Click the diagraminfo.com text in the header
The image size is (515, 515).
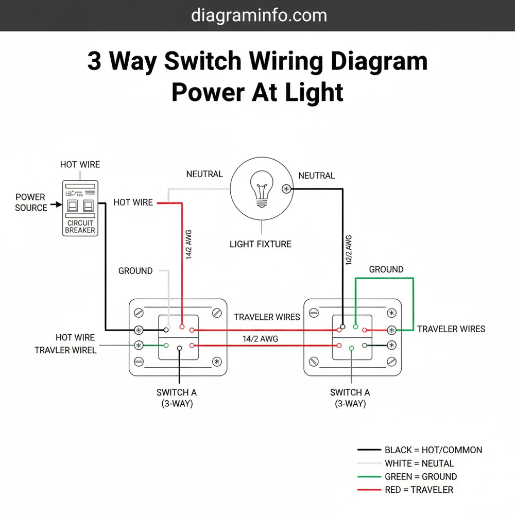tap(259, 15)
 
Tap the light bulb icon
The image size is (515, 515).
tap(262, 189)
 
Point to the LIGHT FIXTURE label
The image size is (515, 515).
tap(261, 244)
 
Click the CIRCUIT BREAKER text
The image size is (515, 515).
tap(80, 227)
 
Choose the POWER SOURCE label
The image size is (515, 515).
tap(30, 202)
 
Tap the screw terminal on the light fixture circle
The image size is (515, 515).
tap(286, 189)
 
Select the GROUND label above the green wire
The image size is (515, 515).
tap(386, 269)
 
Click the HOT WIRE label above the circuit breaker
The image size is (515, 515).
tap(80, 165)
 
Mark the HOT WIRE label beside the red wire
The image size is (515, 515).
tap(133, 202)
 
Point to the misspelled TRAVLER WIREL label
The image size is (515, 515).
tap(65, 350)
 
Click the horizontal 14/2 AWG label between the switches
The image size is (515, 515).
tap(261, 338)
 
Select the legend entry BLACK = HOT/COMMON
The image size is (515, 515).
tap(433, 450)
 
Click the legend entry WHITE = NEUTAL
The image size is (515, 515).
tap(419, 463)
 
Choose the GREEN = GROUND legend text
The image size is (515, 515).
tap(421, 477)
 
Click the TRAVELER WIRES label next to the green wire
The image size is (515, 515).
tap(451, 329)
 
